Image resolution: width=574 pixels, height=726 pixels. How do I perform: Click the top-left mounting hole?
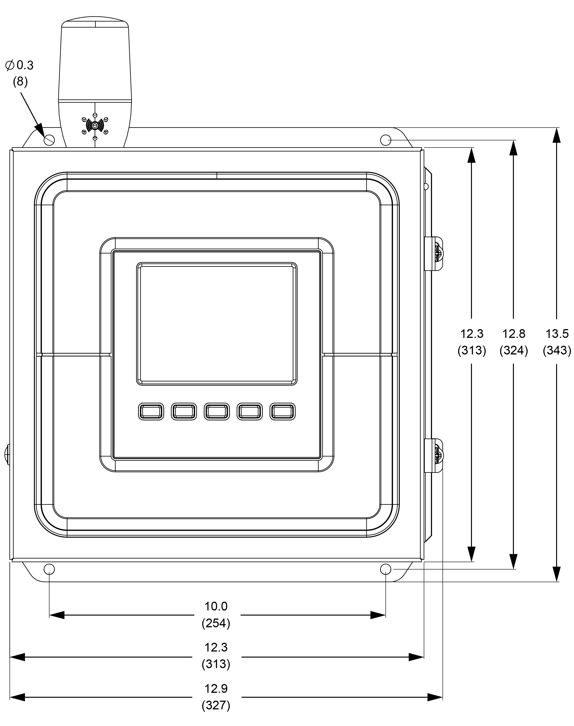pyautogui.click(x=49, y=140)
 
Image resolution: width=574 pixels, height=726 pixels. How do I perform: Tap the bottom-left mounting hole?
pyautogui.click(x=49, y=569)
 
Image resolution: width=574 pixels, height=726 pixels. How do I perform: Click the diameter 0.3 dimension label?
pyautogui.click(x=20, y=65)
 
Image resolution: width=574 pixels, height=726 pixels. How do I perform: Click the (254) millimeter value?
pyautogui.click(x=216, y=623)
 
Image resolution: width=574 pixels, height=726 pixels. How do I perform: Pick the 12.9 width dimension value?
pyautogui.click(x=216, y=688)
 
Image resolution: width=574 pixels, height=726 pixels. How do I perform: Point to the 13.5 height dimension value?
pyautogui.click(x=557, y=334)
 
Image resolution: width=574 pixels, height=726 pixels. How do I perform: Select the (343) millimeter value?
pyautogui.click(x=557, y=351)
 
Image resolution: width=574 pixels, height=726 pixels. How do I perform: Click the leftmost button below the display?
pyautogui.click(x=151, y=411)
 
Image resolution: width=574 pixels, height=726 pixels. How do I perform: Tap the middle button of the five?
pyautogui.click(x=217, y=411)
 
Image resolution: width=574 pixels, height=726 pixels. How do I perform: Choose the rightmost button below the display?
pyautogui.click(x=283, y=411)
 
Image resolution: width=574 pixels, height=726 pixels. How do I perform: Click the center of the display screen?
pyautogui.click(x=217, y=324)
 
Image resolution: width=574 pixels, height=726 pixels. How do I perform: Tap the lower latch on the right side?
pyautogui.click(x=434, y=455)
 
